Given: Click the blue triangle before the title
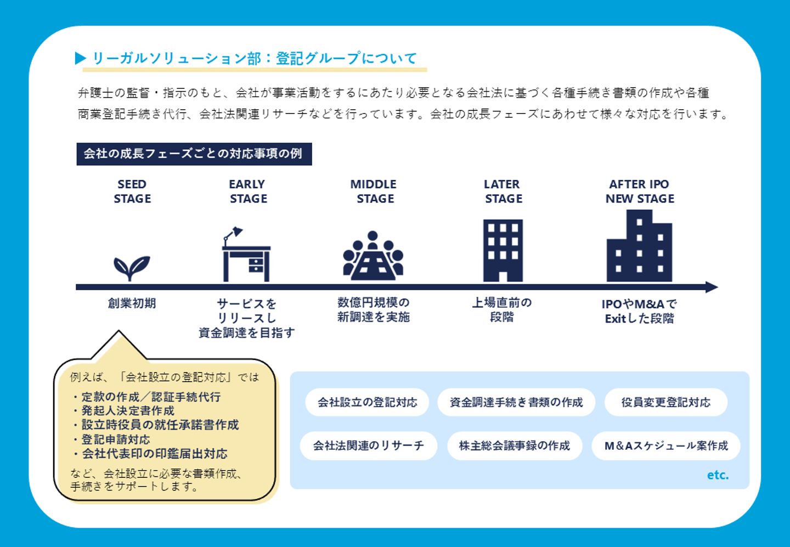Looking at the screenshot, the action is tap(81, 58).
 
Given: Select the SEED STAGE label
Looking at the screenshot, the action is tap(132, 191).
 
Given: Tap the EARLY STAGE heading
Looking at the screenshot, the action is tap(249, 191).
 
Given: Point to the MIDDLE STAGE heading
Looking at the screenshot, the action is tap(374, 191).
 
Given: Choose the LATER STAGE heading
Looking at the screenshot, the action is tap(503, 191).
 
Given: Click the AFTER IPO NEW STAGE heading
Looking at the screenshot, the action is tap(640, 191).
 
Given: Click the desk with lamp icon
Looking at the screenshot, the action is tap(246, 254).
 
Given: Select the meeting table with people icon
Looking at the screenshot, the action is tap(373, 256).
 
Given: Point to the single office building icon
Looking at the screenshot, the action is tap(503, 250).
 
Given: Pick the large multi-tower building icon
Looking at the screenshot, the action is tap(640, 246).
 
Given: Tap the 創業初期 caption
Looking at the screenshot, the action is tap(132, 303).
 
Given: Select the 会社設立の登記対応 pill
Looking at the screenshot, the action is tap(367, 402).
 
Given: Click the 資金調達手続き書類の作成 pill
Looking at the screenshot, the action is tap(516, 402).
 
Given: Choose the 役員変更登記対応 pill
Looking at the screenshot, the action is tap(666, 402).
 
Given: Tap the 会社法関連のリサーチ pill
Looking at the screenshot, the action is tap(369, 446).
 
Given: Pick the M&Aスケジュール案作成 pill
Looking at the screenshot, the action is tap(666, 446).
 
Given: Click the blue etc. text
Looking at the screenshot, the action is tap(718, 475).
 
